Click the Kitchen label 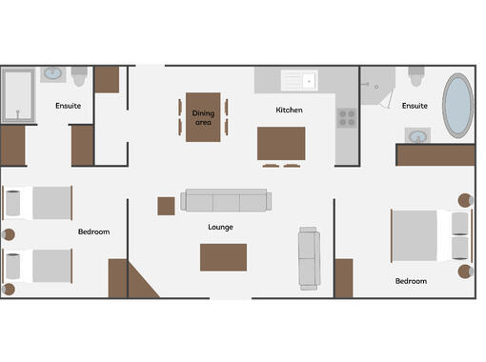tap(289, 110)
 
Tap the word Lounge tap(220, 227)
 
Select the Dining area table tap(203, 117)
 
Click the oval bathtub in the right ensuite tap(457, 106)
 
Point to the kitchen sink tap(299, 80)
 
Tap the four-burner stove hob tap(347, 118)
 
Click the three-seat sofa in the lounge tap(226, 200)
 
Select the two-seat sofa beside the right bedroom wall tap(309, 258)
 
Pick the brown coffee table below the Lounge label tap(223, 257)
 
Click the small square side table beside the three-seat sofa tap(166, 206)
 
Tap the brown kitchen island tap(281, 144)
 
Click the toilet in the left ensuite tap(79, 76)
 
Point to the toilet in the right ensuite tap(416, 76)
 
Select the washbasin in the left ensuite tap(53, 74)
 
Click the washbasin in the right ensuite tap(417, 136)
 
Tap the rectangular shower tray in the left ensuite tap(18, 95)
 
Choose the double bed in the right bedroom tap(432, 235)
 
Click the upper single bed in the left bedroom tap(37, 203)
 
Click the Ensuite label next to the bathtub tap(415, 106)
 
